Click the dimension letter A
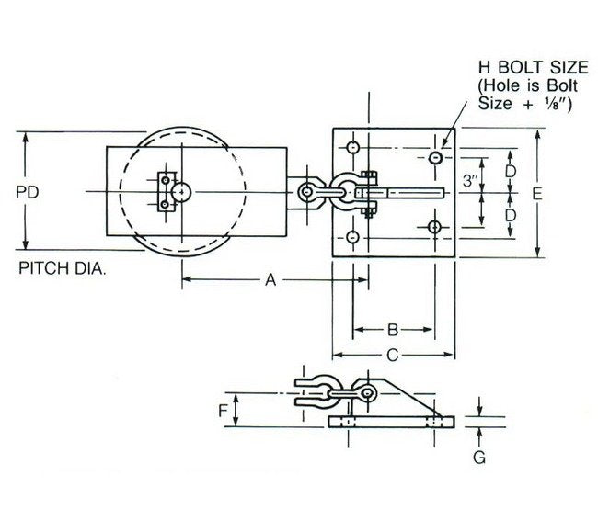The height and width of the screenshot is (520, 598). click(x=270, y=281)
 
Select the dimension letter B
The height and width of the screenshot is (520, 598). click(x=391, y=328)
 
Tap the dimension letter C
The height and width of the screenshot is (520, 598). click(x=391, y=354)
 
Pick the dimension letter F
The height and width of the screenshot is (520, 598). click(x=224, y=411)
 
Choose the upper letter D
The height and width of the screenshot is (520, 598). click(x=510, y=172)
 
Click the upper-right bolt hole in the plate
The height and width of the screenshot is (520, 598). click(x=434, y=158)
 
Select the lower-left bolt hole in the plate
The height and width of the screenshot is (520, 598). click(x=352, y=237)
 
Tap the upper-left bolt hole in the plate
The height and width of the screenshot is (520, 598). click(x=352, y=147)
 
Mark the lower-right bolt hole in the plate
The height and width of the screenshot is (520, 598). click(x=434, y=226)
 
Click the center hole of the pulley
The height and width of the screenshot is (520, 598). click(x=183, y=191)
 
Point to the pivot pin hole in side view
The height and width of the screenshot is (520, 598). click(x=367, y=394)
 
